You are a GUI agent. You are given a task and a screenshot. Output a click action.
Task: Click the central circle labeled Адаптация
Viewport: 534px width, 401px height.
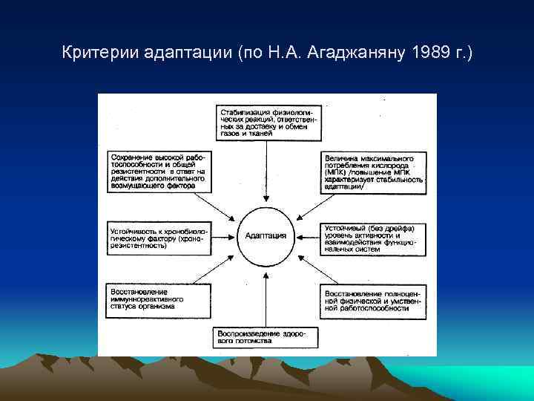point(266,235)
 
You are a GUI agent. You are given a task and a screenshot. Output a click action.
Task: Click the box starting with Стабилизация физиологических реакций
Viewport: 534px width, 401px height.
point(268,123)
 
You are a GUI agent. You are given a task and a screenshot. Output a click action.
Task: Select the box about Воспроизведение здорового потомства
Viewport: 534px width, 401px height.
point(265,338)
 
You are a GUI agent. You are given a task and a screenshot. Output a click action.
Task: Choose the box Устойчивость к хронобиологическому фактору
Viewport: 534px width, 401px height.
point(157,235)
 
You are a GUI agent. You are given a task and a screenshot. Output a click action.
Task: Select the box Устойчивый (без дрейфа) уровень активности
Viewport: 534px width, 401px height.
point(373,238)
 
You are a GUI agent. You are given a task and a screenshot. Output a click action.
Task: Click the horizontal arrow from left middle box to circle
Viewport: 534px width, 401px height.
point(222,236)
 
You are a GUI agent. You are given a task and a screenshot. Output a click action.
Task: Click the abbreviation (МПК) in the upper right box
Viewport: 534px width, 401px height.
point(336,172)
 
